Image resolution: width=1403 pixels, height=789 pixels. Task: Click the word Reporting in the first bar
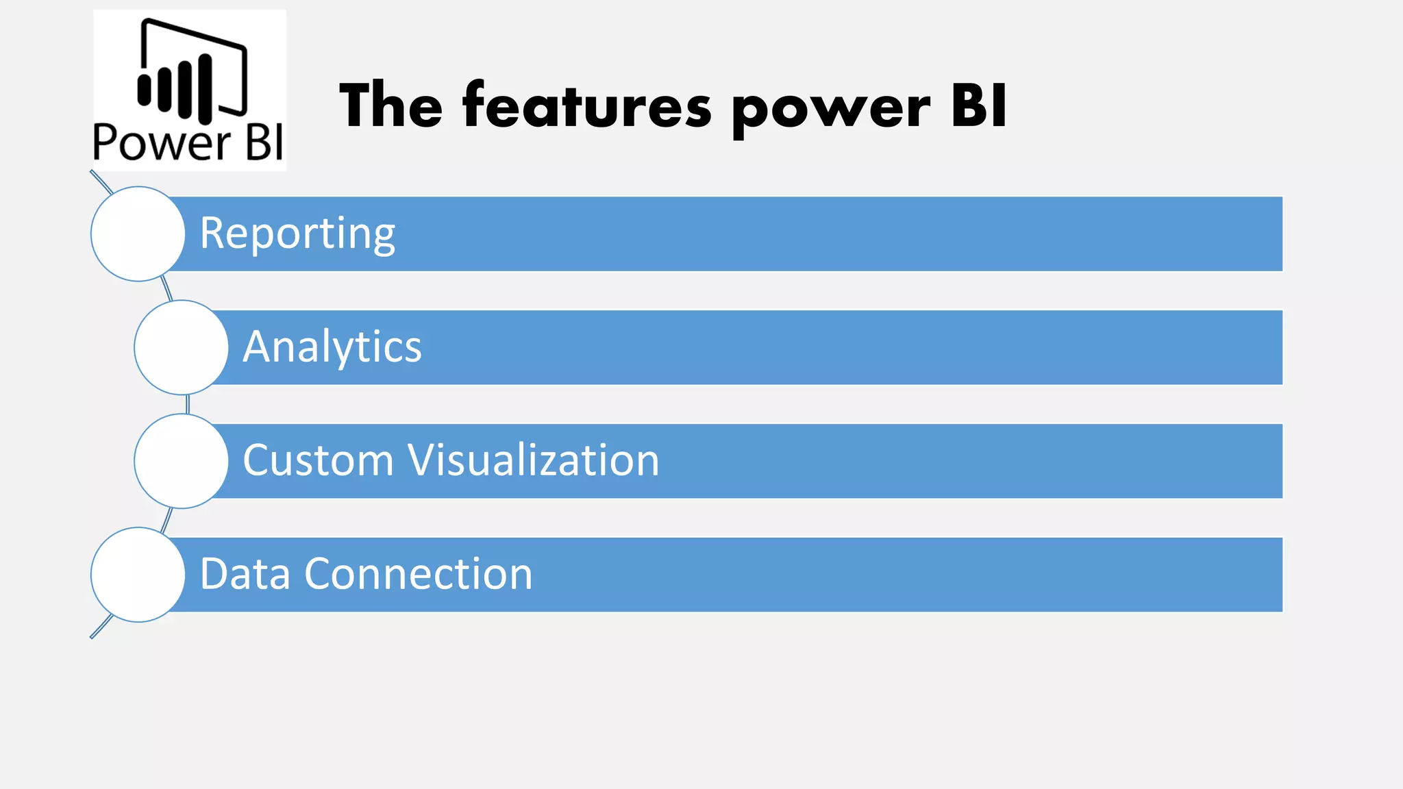(x=297, y=234)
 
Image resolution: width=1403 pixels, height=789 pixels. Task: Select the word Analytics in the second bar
(x=332, y=347)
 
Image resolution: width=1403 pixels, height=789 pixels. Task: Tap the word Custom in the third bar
(x=318, y=460)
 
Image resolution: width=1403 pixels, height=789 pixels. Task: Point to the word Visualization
(x=534, y=460)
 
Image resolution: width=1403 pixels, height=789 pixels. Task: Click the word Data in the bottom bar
(x=245, y=574)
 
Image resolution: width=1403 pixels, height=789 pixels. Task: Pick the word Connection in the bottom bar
(x=418, y=574)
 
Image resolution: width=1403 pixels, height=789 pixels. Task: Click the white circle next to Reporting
(x=138, y=234)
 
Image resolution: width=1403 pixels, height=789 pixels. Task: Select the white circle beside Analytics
(x=181, y=347)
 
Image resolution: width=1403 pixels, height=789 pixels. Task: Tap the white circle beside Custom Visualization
(x=181, y=461)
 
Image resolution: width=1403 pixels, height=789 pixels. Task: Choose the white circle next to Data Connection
(x=138, y=575)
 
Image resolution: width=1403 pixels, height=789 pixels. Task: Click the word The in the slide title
(x=391, y=106)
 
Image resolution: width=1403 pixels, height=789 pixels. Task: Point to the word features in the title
(x=587, y=106)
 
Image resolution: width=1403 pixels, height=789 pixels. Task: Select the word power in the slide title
(x=831, y=110)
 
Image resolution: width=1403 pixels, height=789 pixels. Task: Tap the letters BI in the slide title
(x=979, y=106)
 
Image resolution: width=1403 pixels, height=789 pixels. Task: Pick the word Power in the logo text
(x=162, y=143)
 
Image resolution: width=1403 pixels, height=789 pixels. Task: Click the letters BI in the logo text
(x=264, y=143)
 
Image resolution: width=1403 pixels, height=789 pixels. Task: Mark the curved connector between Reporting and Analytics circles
(x=166, y=289)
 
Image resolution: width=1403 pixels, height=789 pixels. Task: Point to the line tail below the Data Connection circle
(x=101, y=626)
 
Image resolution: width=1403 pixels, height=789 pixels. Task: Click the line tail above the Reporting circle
(x=101, y=182)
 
